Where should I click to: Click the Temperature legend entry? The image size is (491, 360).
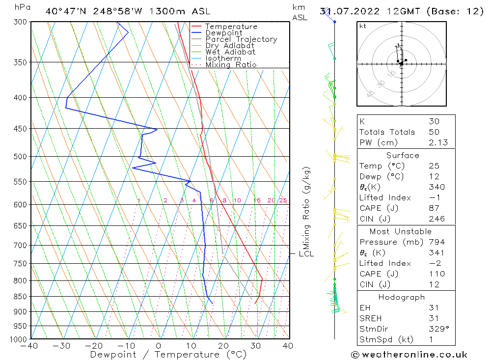pos(231,27)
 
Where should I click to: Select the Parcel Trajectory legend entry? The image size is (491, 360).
pos(241,39)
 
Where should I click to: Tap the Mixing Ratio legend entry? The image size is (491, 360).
pos(231,65)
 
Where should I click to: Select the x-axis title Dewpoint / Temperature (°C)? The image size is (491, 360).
pos(168,355)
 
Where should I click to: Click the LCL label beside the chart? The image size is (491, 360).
pos(306,254)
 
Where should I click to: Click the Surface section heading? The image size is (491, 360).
pos(403,156)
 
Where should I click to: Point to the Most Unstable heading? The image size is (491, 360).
pos(401,231)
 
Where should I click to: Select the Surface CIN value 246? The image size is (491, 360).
pos(436,219)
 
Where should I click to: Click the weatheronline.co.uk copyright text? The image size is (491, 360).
pos(409,355)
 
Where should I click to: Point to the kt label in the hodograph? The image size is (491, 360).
pos(362,26)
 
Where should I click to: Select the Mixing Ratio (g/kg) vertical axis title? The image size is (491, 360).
pos(305,208)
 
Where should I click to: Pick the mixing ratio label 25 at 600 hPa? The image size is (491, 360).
pos(283,200)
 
